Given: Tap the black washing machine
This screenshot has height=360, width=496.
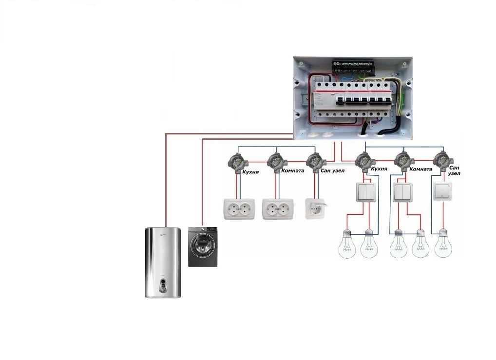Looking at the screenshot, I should click(203, 246).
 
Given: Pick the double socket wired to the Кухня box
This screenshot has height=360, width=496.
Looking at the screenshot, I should click(238, 208).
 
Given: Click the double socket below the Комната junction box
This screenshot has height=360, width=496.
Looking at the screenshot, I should click(278, 208).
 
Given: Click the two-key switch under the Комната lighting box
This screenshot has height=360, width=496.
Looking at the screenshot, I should click(403, 192).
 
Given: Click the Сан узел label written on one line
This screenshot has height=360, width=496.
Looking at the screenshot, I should click(332, 171).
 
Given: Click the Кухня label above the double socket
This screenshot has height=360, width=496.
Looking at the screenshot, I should click(251, 172).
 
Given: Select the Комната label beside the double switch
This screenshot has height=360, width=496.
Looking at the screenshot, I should click(421, 169).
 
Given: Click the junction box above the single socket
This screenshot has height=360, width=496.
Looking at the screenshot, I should click(314, 160).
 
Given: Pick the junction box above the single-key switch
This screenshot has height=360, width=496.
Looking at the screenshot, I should click(441, 160).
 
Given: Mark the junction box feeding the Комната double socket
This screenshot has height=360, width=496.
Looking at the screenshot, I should click(275, 160).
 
